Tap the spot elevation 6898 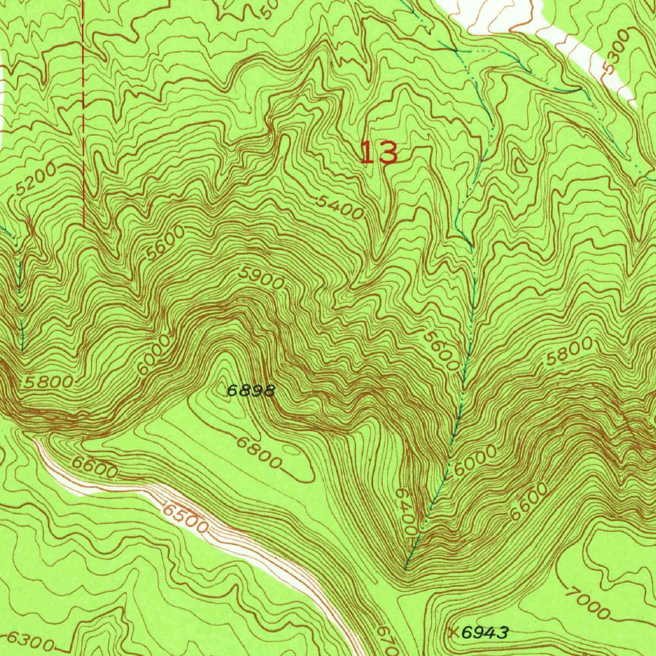252,390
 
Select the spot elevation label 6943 485,633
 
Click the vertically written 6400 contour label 406,512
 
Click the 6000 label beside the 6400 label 475,461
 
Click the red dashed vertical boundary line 83,115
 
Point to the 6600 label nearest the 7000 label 530,501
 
